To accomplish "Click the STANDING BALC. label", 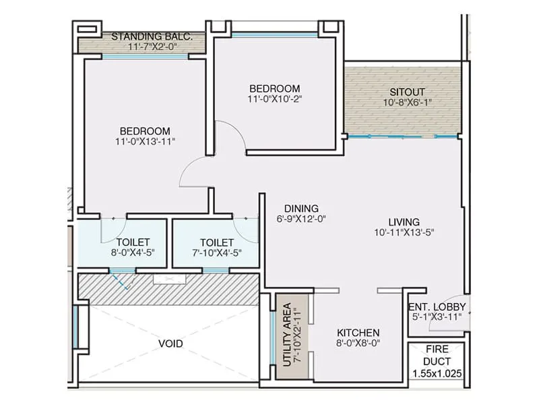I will tap(152, 36).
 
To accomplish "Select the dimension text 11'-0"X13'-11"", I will tap(145, 142).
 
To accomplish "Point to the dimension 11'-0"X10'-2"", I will tap(274, 99).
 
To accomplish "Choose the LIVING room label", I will tap(404, 222).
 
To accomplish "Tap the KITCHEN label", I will tap(358, 333).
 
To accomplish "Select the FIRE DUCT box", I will tap(437, 363).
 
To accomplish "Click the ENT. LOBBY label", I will tap(437, 306).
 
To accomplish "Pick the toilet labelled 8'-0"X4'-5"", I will tap(132, 248).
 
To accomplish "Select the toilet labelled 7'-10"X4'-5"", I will tap(216, 248).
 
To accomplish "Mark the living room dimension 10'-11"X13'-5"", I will tap(404, 234).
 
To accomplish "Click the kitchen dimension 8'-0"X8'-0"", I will tap(358, 344).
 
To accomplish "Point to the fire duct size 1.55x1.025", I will tap(437, 373).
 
